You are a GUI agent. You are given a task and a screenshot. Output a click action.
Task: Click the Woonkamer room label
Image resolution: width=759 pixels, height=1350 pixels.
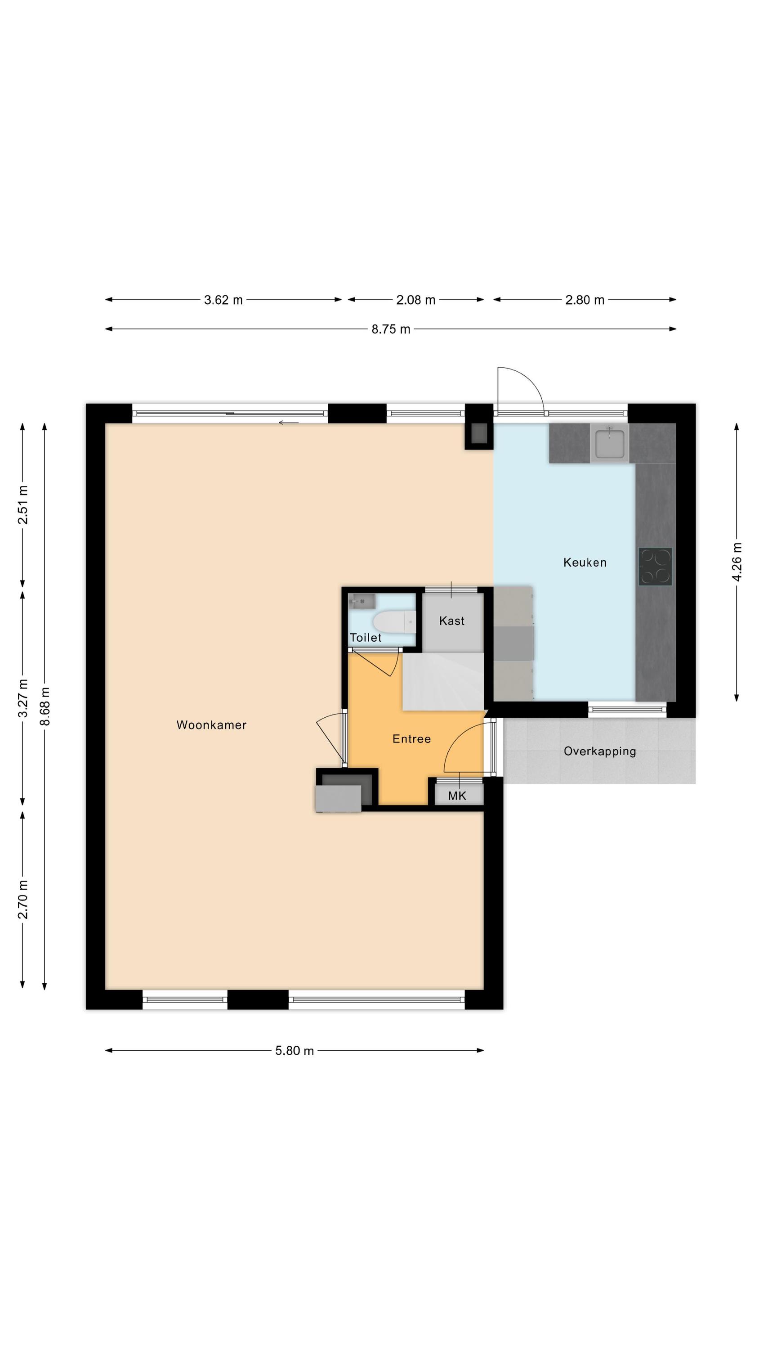(x=211, y=725)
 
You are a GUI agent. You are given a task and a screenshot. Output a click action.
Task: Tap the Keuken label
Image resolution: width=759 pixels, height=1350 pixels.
(x=585, y=562)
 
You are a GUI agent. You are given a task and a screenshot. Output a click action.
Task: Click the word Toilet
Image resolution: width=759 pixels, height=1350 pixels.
(x=365, y=638)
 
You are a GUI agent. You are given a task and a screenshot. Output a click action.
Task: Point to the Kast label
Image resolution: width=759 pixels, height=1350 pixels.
(x=451, y=621)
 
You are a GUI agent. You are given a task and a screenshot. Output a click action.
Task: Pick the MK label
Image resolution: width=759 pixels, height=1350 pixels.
(x=457, y=796)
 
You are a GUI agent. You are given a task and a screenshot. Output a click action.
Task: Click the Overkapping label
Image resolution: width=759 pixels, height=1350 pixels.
(x=600, y=751)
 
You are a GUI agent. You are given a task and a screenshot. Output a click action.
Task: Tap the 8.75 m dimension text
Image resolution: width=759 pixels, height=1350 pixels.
(x=391, y=329)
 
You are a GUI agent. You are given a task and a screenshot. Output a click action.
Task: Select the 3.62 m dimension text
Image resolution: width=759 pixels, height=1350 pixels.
(x=223, y=300)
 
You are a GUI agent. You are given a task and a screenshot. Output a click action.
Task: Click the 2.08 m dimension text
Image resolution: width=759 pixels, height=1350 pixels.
(x=415, y=300)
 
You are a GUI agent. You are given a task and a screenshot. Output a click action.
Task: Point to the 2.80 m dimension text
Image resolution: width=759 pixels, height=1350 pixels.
(x=585, y=300)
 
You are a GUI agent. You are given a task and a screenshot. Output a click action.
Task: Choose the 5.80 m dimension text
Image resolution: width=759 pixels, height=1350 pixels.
(x=295, y=1051)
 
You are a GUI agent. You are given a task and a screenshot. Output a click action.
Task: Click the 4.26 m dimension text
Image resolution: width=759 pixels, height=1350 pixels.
(x=737, y=562)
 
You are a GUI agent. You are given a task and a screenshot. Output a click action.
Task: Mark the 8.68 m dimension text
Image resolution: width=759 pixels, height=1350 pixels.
(x=45, y=706)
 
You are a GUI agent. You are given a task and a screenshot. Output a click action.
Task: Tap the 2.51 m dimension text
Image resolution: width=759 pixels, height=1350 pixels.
(x=22, y=505)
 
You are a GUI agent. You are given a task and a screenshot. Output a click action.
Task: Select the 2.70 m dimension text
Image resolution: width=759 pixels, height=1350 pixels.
(x=22, y=899)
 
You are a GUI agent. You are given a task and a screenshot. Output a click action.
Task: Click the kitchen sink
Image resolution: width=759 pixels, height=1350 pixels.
(x=609, y=443)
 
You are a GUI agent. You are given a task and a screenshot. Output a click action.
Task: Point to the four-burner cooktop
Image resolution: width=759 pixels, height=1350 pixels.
(x=655, y=567)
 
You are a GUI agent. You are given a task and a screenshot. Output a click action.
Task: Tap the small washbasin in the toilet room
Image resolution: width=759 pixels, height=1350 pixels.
(x=362, y=601)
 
